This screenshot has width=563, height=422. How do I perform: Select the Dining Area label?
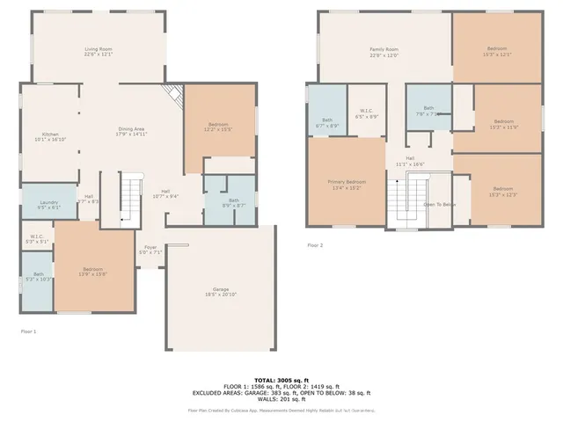pyautogui.click(x=132, y=133)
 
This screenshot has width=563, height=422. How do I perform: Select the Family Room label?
pyautogui.click(x=384, y=52)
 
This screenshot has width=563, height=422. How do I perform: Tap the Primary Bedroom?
pyautogui.click(x=346, y=184)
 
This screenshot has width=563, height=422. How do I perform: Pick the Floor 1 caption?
pyautogui.click(x=29, y=331)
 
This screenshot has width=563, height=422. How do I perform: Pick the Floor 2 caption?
pyautogui.click(x=315, y=245)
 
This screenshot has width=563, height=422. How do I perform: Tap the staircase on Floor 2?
pyautogui.click(x=406, y=199)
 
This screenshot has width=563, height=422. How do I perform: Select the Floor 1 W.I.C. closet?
pyautogui.click(x=36, y=238)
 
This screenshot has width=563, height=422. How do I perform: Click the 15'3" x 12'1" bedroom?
pyautogui.click(x=497, y=51)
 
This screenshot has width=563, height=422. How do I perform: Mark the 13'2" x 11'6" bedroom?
pyautogui.click(x=503, y=124)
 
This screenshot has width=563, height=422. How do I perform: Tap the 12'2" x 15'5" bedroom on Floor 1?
pyautogui.click(x=218, y=127)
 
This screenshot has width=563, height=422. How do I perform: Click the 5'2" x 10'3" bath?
pyautogui.click(x=38, y=279)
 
